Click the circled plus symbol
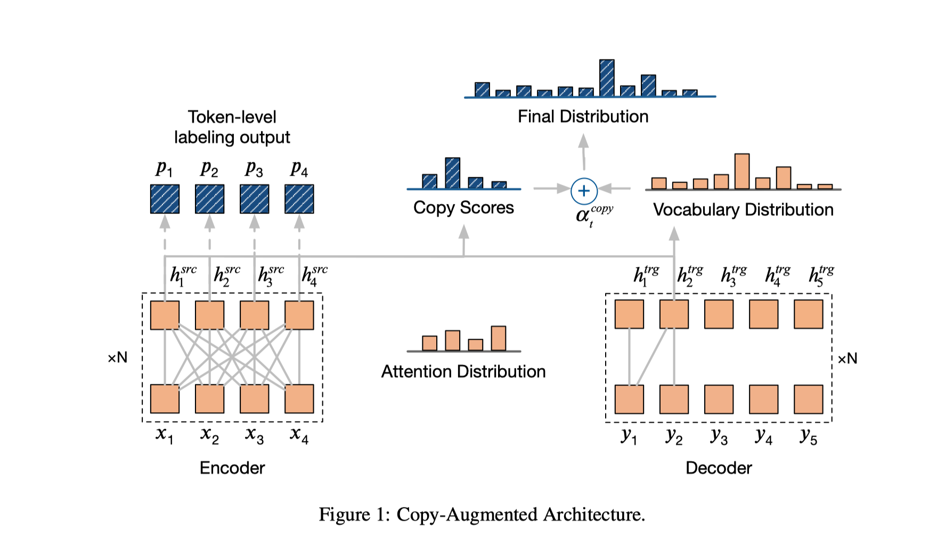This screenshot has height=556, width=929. coord(584,191)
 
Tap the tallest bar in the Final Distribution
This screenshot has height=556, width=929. coord(607,78)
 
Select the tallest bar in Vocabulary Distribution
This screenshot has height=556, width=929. coord(741,171)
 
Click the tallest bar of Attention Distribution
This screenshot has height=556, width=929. coord(499,338)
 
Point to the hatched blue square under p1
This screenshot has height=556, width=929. coord(165,199)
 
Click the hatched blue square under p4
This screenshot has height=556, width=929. coord(299,199)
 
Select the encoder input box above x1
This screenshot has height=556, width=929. coord(165,399)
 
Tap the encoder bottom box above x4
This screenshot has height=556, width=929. coord(299,399)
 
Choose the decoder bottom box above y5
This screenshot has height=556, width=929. coord(808,399)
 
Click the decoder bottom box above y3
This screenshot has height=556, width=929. coord(719,399)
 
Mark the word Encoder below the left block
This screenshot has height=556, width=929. coord(232,468)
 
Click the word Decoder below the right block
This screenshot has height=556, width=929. coord(719,468)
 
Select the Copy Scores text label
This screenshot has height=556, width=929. coord(463,207)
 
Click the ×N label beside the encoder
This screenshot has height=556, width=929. coord(117,357)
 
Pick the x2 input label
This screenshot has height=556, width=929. coord(209,435)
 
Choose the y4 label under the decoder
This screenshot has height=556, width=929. coord(763,436)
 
